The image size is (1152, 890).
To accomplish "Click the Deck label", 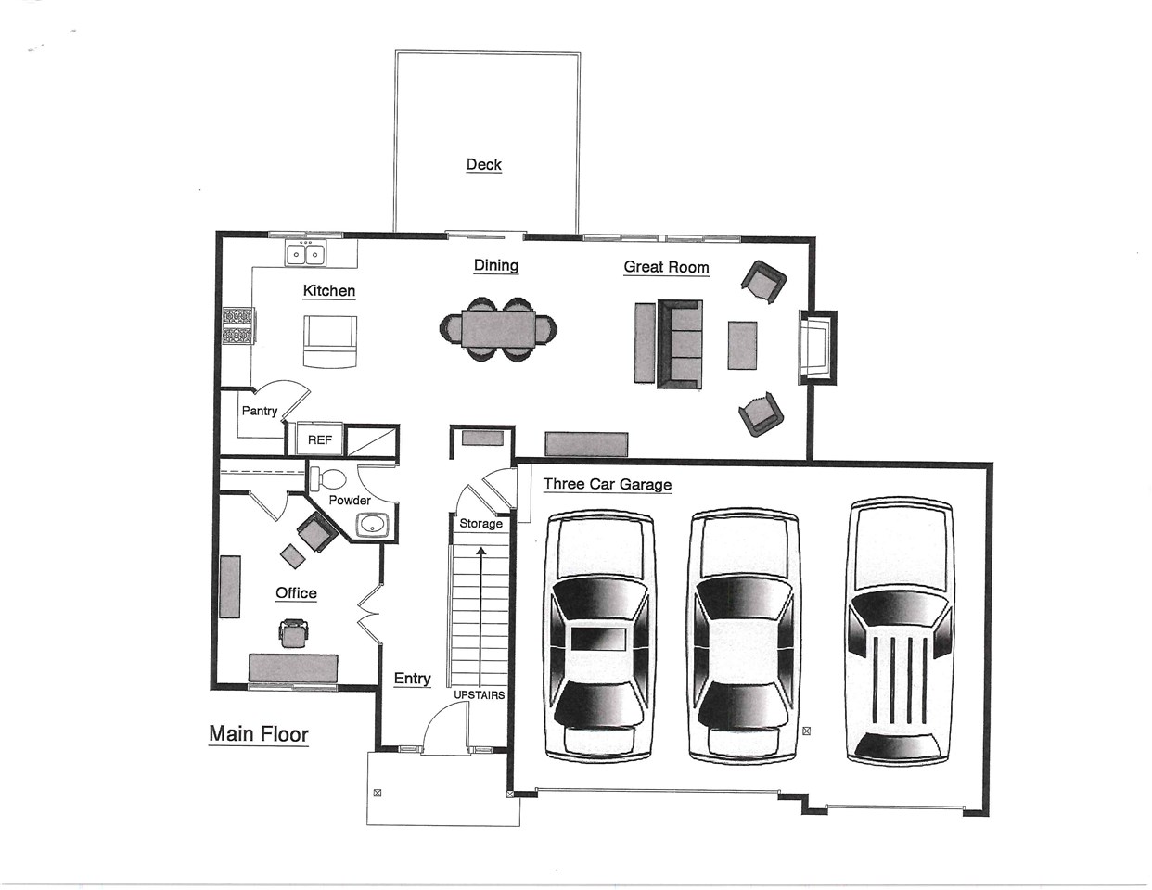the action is coord(483,165).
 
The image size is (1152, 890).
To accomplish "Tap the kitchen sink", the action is coord(305,253).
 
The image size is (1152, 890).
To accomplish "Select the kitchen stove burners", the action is coord(238,326).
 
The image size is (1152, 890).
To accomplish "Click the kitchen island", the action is coord(330,341).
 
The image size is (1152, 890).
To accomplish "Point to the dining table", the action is coord(498,329).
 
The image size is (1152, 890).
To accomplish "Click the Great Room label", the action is coord(666,267).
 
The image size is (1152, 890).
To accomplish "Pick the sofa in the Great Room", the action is coord(680,344).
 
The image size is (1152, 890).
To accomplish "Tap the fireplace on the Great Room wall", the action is coord(818,348).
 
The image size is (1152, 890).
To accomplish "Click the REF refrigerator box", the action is coord(319,439).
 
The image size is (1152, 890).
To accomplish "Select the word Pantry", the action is coord(259,411).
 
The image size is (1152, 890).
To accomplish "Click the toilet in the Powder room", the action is coord(327,479).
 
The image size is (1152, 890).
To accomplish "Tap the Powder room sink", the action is coord(373,525).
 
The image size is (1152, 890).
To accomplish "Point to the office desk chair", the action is coord(292,633).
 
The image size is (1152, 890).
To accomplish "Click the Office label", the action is coord(296,592).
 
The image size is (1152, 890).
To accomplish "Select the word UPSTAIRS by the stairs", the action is coord(480,695).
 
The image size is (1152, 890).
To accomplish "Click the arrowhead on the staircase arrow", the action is coord(480,551).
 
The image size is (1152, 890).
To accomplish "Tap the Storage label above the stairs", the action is coord(480,524).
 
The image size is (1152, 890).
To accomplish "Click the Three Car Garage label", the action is coord(607,484).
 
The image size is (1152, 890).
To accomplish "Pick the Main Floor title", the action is coord(259,734).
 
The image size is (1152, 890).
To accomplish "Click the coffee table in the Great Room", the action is coord(742,346).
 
